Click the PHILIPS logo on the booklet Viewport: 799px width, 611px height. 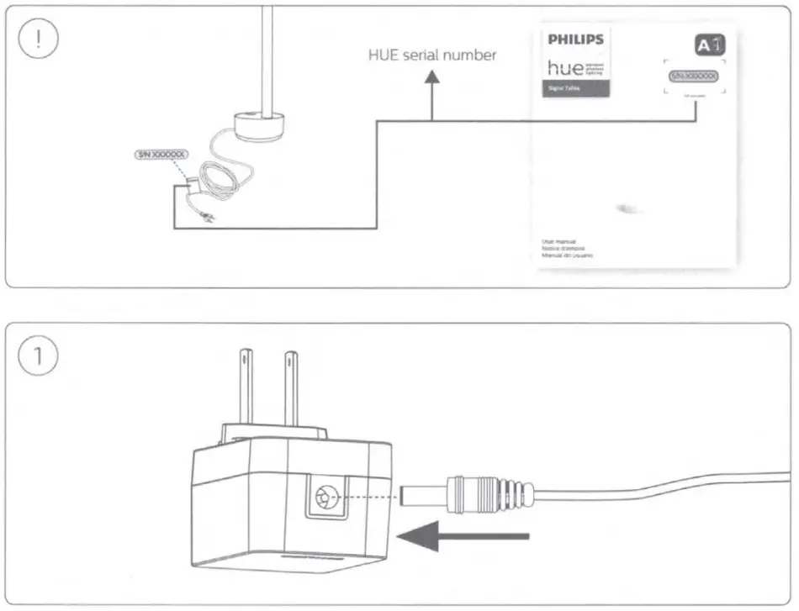click(575, 40)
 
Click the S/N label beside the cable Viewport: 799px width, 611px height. click(161, 155)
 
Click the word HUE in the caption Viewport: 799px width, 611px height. click(386, 55)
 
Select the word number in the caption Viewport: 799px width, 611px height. click(472, 55)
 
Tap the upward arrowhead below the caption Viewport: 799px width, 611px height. click(431, 78)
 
